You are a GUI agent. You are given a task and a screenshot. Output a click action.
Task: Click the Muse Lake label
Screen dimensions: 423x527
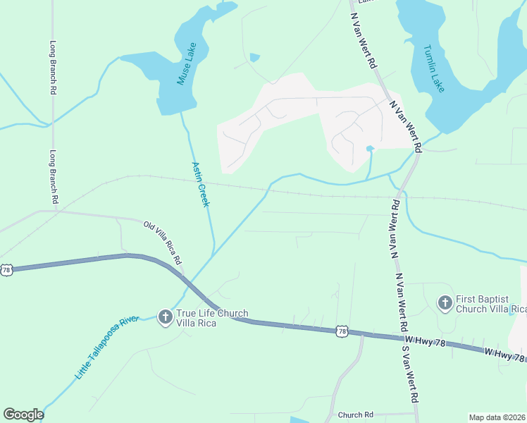click(x=186, y=65)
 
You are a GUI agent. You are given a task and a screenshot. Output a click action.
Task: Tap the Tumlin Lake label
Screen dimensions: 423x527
click(x=433, y=69)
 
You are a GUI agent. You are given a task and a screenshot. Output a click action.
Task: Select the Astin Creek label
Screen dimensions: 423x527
click(x=201, y=184)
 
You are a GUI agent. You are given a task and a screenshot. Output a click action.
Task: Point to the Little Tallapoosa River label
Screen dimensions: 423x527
click(x=107, y=348)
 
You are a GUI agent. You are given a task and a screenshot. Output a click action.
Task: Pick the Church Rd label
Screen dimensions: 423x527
click(x=355, y=415)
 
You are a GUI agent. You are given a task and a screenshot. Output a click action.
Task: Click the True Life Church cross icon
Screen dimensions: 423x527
click(x=165, y=317)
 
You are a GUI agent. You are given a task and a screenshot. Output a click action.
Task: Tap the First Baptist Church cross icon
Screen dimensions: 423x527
click(x=445, y=304)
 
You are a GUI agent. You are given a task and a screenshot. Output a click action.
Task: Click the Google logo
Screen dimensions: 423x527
click(x=23, y=415)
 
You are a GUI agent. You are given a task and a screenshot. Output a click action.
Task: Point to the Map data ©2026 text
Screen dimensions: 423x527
click(x=497, y=417)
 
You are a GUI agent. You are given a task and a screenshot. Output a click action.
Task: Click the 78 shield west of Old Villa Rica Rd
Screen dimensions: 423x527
click(x=6, y=269)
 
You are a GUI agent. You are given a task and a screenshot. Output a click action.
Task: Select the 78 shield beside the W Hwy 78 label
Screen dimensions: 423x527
click(x=342, y=331)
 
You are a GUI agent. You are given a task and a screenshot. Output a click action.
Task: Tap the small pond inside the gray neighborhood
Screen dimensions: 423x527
click(x=370, y=148)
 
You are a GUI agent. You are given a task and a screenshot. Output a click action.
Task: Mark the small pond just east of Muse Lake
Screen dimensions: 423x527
click(x=254, y=57)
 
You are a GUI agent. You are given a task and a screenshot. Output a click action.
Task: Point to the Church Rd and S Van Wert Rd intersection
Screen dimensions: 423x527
click(x=416, y=413)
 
